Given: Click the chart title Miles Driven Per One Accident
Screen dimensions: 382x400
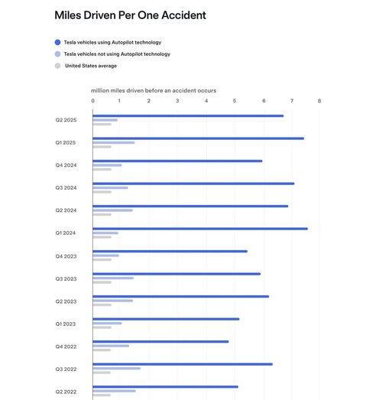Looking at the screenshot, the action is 130,15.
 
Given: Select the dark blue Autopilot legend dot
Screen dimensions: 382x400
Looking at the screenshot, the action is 57,42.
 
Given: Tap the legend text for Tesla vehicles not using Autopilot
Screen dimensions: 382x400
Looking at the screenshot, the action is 117,54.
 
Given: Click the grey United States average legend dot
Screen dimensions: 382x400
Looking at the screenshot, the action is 57,66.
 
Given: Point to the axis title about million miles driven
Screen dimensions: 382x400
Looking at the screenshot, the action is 154,90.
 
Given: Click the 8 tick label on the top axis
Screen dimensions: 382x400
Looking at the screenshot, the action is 319,101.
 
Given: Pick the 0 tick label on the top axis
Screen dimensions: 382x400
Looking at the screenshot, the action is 92,101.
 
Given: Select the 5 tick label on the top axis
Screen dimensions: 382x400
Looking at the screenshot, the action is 235,101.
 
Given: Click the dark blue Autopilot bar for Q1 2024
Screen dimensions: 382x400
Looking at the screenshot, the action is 200,229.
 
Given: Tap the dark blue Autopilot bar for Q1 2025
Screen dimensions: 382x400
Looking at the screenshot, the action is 199,138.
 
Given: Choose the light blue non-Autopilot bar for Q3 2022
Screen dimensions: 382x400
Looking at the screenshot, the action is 116,369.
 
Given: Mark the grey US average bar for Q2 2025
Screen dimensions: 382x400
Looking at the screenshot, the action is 102,124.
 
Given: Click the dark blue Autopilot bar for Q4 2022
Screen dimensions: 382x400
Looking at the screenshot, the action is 160,342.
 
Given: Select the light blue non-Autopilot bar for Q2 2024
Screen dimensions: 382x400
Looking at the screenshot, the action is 112,210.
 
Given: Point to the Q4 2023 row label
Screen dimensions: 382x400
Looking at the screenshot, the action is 66,256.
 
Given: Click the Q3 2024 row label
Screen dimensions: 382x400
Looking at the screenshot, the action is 66,187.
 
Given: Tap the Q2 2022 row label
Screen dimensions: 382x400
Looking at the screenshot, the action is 66,392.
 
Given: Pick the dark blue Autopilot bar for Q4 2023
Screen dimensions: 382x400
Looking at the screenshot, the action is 170,252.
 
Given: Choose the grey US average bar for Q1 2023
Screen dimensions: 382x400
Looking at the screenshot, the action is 102,327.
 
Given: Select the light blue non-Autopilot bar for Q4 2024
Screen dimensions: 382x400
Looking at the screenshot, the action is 107,165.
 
